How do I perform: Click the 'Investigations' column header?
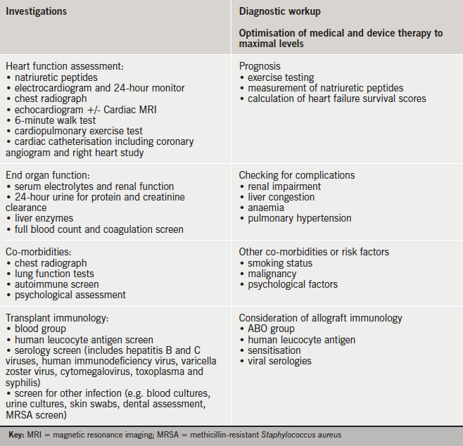click(x=37, y=12)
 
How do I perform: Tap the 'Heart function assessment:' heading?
click(x=64, y=66)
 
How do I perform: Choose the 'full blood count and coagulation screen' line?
click(x=94, y=229)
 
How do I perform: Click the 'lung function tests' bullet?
click(x=53, y=274)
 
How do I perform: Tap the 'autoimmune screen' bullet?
click(x=51, y=284)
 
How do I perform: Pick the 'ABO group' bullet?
click(x=271, y=329)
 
